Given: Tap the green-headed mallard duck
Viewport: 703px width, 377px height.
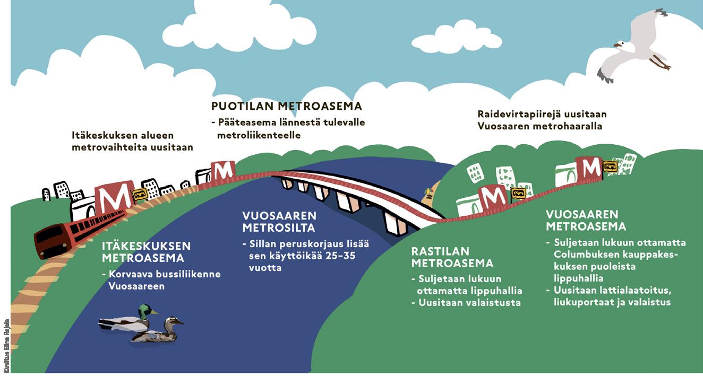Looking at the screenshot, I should (x=128, y=319).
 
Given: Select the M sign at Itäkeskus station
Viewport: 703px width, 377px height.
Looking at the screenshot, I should (x=114, y=197).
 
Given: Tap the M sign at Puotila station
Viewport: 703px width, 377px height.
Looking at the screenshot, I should (x=223, y=171).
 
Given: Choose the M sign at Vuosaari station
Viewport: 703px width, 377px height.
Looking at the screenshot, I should (x=588, y=168).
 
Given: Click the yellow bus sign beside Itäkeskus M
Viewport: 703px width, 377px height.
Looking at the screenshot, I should (x=140, y=194).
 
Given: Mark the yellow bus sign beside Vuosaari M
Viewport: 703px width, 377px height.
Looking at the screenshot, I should (x=610, y=166).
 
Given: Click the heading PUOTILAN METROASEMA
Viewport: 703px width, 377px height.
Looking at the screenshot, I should (x=287, y=106).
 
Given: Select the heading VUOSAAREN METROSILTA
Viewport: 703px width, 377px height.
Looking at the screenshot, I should (x=279, y=222).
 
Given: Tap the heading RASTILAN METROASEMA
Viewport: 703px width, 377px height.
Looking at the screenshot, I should (x=452, y=257).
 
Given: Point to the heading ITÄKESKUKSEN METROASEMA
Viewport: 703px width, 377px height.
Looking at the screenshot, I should (x=146, y=252).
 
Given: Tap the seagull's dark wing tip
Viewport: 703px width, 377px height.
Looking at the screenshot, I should (x=605, y=75).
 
